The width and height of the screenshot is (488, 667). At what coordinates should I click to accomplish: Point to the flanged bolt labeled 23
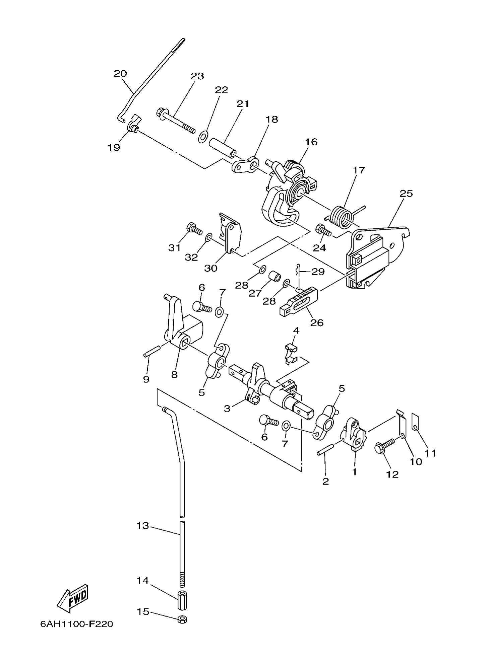[175, 121]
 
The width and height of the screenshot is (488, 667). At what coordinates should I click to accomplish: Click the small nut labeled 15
[182, 619]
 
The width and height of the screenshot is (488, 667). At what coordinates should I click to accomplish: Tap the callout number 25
[406, 194]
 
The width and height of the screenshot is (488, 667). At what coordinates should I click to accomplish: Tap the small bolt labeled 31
[193, 229]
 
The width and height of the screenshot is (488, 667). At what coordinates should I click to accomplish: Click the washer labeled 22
[203, 137]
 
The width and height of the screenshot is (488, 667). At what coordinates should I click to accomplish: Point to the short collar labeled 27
[274, 278]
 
